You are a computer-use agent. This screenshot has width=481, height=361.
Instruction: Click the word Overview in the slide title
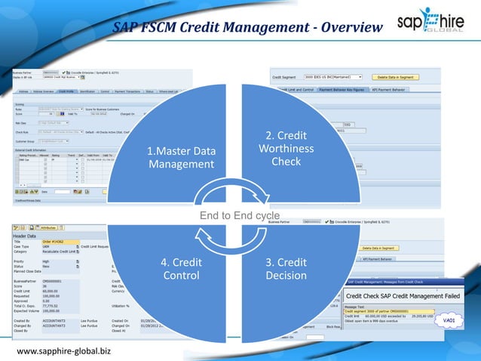342,28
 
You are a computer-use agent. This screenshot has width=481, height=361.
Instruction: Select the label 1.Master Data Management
181,157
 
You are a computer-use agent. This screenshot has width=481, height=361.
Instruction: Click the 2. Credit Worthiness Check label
286,148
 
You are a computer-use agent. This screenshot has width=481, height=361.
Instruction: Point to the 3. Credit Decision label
286,269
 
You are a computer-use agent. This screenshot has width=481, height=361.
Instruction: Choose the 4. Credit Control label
181,269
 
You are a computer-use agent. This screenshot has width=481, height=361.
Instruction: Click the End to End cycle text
239,216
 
